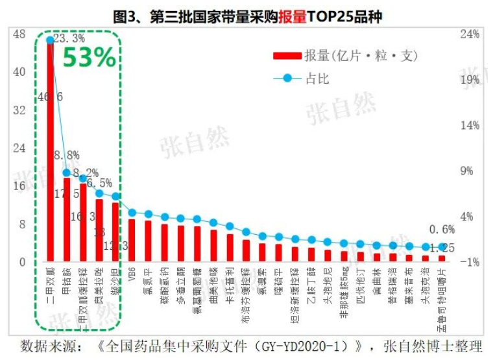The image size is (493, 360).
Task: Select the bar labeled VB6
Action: [x=132, y=240]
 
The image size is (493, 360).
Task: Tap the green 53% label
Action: [x=89, y=58]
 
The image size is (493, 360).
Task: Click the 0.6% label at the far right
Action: [x=442, y=230]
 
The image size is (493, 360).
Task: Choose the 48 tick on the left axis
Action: [x=19, y=34]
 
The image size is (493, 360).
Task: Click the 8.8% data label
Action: [x=67, y=156]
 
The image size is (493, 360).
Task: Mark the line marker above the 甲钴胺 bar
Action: [x=66, y=173]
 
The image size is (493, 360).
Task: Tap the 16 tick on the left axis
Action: [x=19, y=186]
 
